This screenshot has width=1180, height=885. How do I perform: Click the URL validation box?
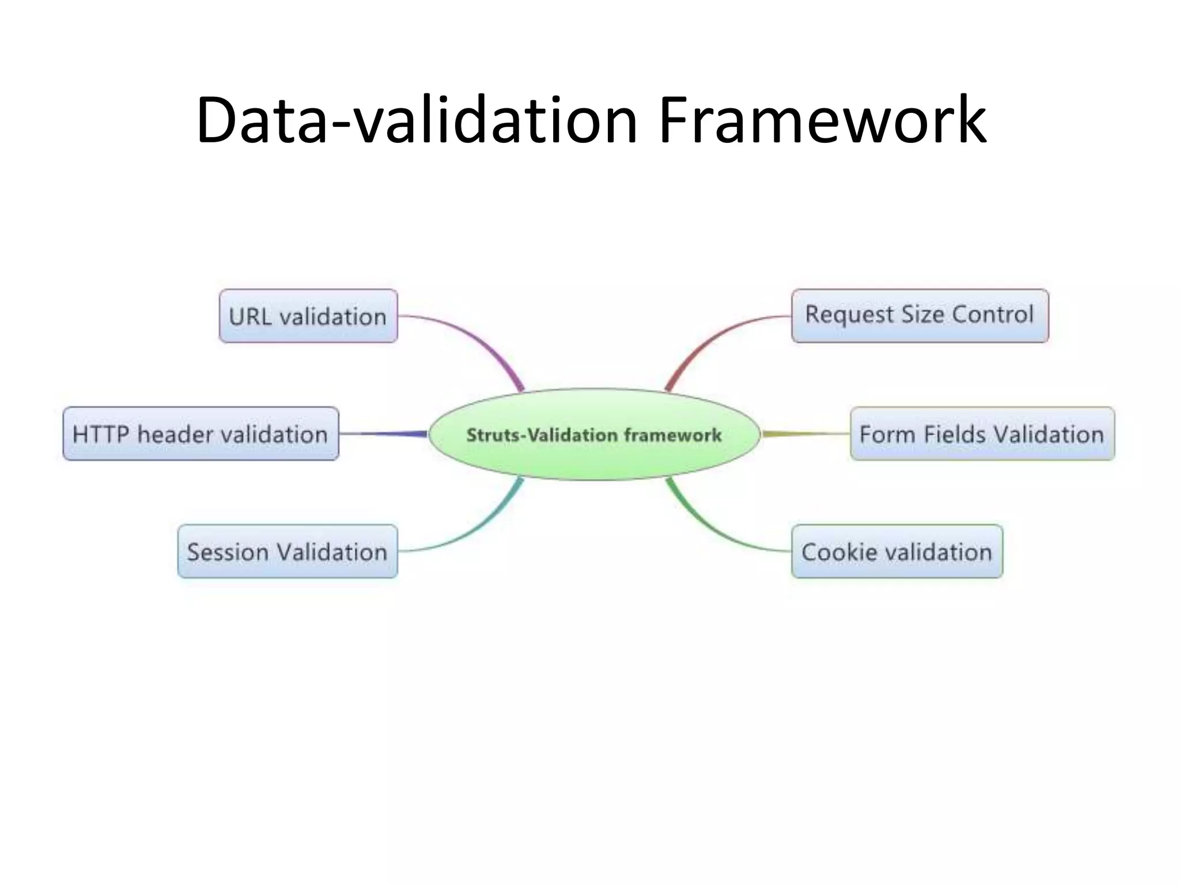[308, 316]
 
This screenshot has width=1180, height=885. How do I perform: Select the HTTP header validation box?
[201, 434]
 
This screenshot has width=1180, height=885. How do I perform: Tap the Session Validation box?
[288, 551]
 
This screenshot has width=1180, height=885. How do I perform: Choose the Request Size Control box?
[920, 316]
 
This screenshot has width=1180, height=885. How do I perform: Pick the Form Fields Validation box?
[982, 434]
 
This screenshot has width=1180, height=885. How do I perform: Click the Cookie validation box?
[897, 551]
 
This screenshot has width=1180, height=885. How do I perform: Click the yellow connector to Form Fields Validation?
[807, 433]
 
